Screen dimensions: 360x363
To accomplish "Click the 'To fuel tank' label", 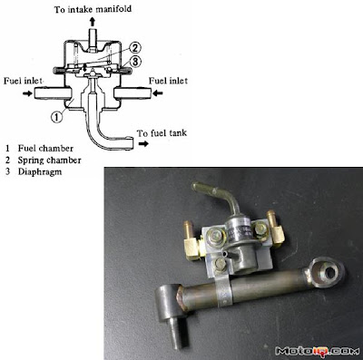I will click(162, 133).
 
